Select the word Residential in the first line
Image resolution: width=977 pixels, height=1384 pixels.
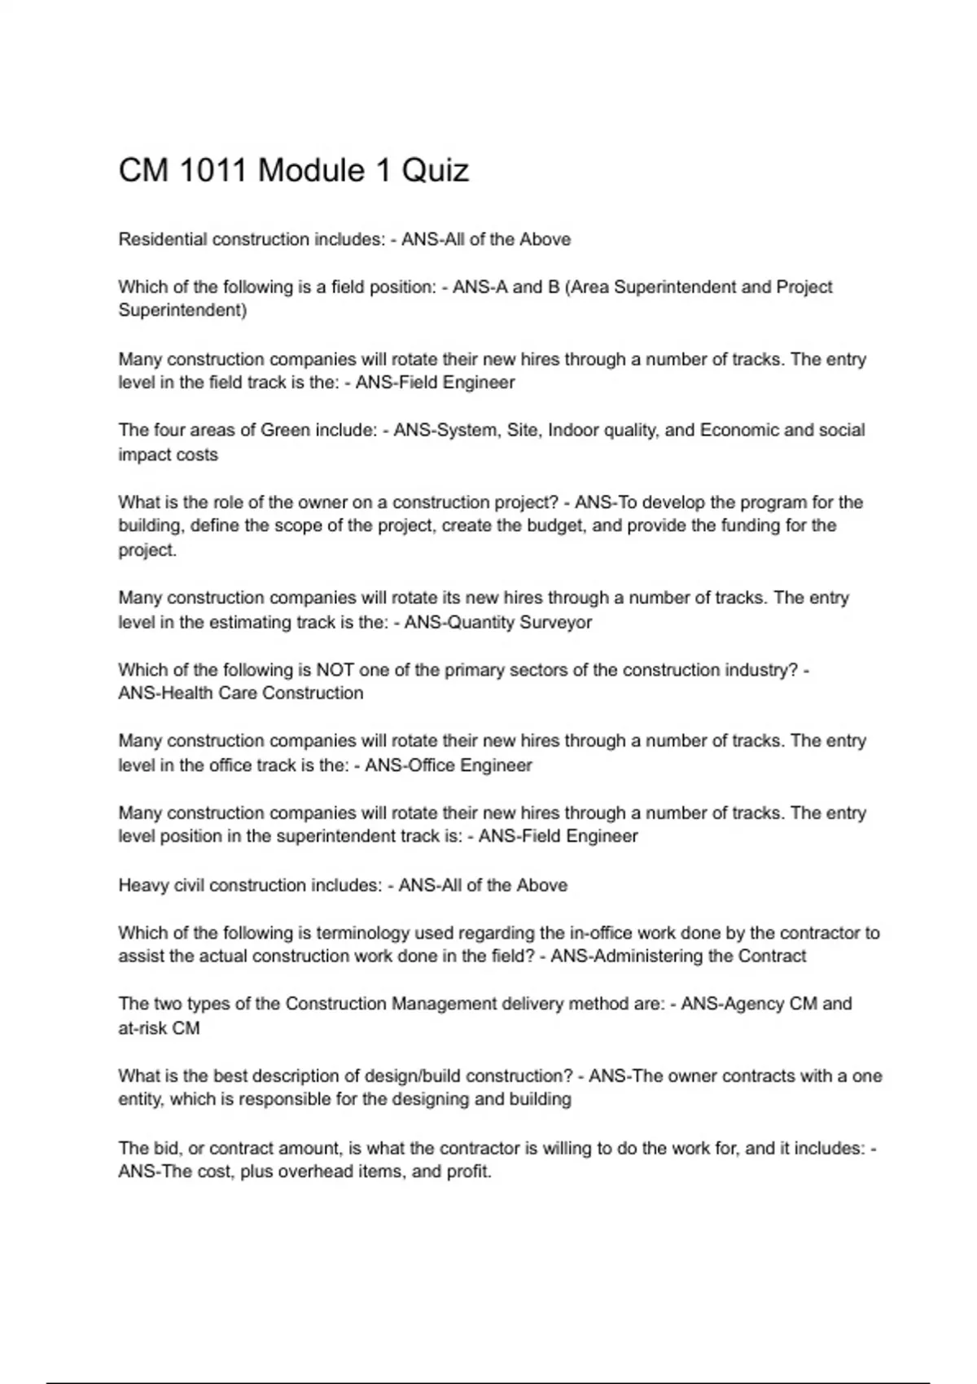(x=162, y=239)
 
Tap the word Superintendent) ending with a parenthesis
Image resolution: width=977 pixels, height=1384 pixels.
(x=182, y=310)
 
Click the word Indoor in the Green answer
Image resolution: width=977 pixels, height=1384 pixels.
(x=573, y=430)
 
